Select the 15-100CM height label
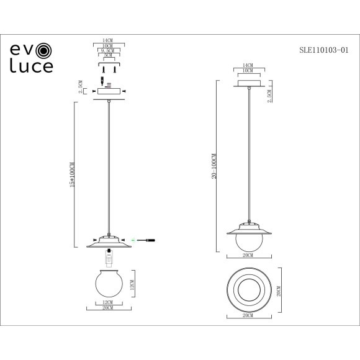(x=72, y=176)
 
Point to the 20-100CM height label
(x=214, y=168)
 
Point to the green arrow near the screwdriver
(x=135, y=240)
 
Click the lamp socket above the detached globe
(x=109, y=254)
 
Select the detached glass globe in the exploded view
(x=108, y=283)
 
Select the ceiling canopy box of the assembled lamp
(x=250, y=84)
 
